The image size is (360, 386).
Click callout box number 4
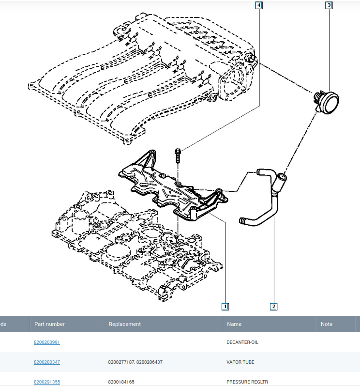pyautogui.click(x=259, y=5)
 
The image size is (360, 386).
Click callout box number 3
pyautogui.click(x=329, y=5)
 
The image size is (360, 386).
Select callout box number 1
pyautogui.click(x=225, y=307)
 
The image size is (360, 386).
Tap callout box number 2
pyautogui.click(x=274, y=307)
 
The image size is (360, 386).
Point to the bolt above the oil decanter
pyautogui.click(x=178, y=155)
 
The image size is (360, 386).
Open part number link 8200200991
pyautogui.click(x=47, y=342)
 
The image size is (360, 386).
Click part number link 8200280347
pyautogui.click(x=47, y=362)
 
